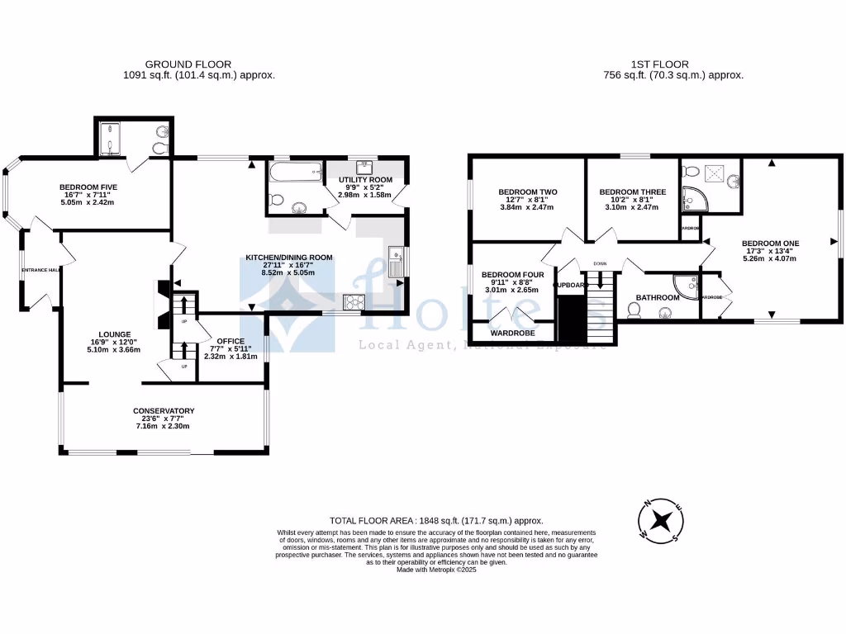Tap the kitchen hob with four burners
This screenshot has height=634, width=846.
pyautogui.click(x=353, y=301)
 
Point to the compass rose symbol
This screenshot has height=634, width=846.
pyautogui.click(x=661, y=522)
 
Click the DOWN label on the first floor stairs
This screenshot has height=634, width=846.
pyautogui.click(x=600, y=264)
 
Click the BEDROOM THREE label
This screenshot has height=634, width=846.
pyautogui.click(x=632, y=192)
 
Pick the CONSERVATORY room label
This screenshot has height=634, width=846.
pyautogui.click(x=164, y=411)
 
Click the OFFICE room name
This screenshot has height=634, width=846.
pyautogui.click(x=231, y=341)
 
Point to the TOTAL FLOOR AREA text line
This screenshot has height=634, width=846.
pyautogui.click(x=436, y=521)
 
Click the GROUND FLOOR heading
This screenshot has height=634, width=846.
pyautogui.click(x=188, y=64)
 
